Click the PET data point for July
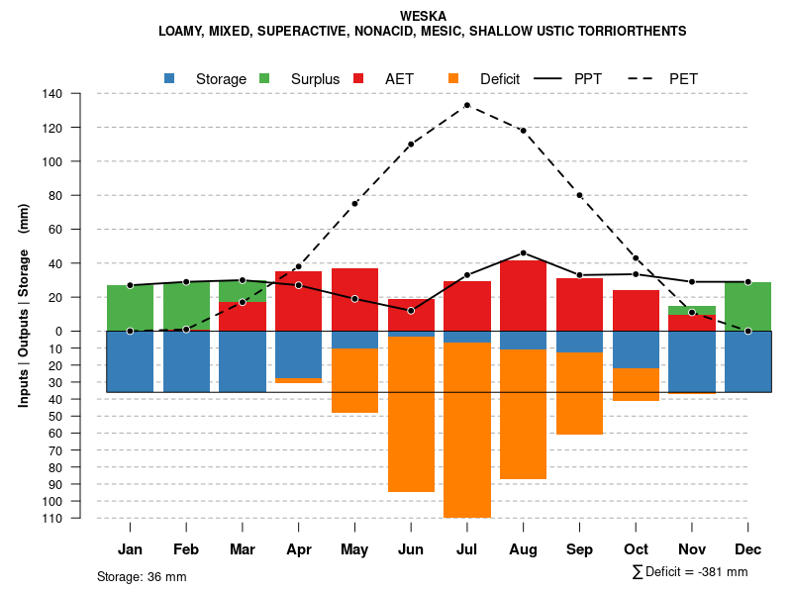point(466,105)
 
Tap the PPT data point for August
point(523,252)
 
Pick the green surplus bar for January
point(130,308)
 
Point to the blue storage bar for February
point(186,361)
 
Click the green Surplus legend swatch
point(265,78)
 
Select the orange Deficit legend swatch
point(453,78)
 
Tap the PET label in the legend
point(683,78)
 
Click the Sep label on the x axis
point(579,548)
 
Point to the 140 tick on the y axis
point(52,94)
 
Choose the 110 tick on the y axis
point(52,518)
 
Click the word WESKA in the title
point(423,16)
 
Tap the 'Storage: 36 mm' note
point(142,576)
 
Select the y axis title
point(24,305)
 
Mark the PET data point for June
point(411,145)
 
